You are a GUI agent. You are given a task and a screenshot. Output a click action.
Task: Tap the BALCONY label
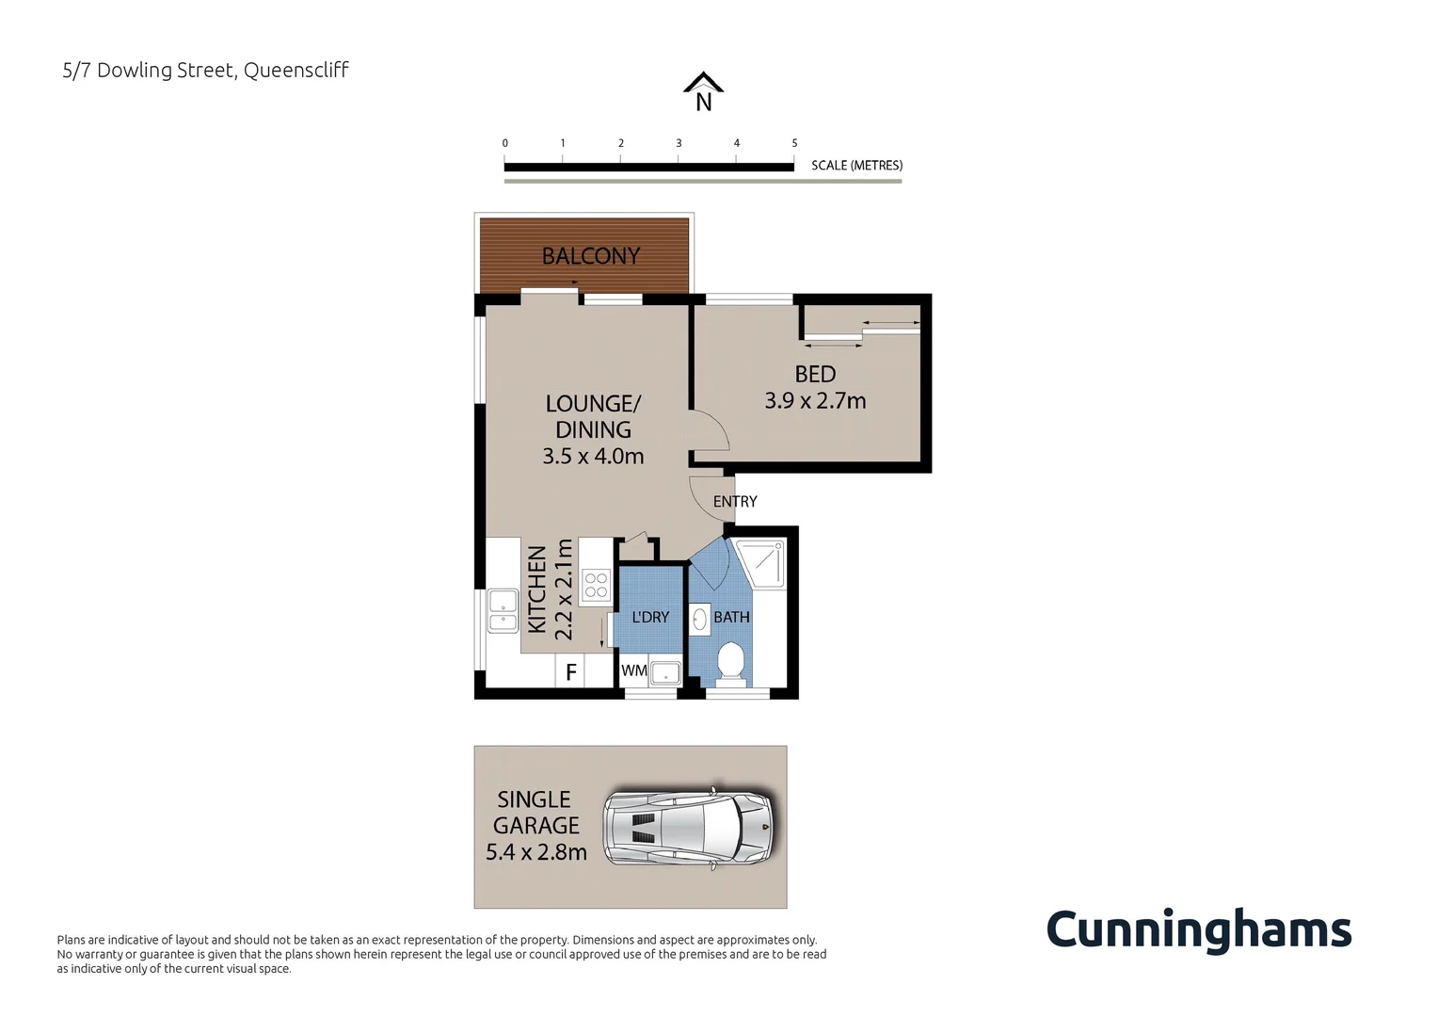(590, 256)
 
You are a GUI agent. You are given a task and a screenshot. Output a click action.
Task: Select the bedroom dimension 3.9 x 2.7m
(815, 401)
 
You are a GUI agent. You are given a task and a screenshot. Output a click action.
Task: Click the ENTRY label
(735, 502)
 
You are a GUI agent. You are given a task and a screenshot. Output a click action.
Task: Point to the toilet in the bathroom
(731, 660)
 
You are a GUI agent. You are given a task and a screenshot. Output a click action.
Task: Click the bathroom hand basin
(700, 619)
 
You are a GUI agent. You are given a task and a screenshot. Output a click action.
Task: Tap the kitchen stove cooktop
(596, 585)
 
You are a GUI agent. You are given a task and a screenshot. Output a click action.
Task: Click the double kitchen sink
(503, 610)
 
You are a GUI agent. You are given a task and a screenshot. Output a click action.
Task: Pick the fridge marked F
(570, 673)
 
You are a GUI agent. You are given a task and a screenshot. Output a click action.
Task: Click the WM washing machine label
(633, 670)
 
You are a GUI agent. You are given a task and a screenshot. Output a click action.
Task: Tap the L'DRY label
(650, 618)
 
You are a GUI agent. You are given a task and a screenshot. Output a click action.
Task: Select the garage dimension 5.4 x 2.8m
(535, 852)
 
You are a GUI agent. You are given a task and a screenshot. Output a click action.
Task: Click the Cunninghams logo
(1198, 929)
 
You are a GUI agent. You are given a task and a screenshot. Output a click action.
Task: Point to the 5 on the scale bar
(794, 143)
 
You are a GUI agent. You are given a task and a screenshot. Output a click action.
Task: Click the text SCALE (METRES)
(856, 166)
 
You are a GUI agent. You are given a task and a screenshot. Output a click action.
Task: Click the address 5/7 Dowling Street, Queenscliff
(205, 71)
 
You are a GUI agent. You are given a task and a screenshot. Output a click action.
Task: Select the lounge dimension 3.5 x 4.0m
(593, 457)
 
